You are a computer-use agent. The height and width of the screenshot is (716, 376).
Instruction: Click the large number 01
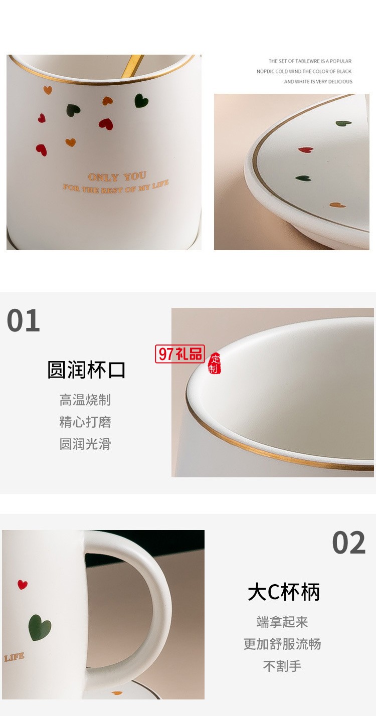(24, 321)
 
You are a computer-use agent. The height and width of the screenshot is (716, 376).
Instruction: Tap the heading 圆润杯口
(86, 370)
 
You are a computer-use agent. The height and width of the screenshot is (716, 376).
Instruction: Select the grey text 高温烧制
(85, 400)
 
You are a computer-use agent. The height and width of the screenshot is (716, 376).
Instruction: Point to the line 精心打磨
(85, 422)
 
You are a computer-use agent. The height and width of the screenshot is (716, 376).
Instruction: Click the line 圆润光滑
(85, 444)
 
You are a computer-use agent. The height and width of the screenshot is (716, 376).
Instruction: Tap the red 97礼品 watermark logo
(180, 353)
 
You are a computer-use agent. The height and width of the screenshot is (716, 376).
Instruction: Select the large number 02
(349, 543)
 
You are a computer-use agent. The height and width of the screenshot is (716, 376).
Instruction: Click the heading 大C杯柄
(284, 592)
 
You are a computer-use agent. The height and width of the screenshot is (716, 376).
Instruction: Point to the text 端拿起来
(282, 622)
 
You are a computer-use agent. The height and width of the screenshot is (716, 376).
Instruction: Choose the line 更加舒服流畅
(282, 644)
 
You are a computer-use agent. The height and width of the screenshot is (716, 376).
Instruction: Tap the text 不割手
(282, 666)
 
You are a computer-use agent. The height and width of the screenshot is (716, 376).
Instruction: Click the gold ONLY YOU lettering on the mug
(117, 177)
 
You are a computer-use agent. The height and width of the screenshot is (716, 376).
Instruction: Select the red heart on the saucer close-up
(305, 149)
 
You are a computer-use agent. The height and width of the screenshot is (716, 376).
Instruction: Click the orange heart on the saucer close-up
(335, 205)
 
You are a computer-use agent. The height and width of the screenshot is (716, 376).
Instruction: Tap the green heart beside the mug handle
(40, 627)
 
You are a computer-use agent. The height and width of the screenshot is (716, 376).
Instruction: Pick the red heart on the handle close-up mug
(22, 584)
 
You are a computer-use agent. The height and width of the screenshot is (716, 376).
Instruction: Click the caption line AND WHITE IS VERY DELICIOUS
(318, 82)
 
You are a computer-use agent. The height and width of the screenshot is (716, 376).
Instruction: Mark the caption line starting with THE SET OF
(310, 61)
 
